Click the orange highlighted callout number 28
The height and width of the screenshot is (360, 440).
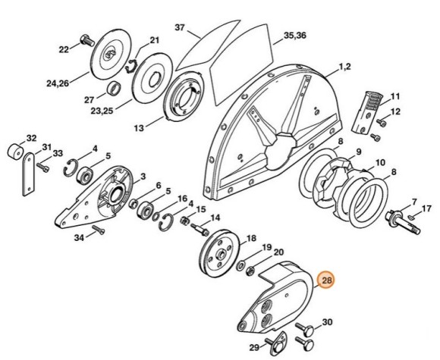327,280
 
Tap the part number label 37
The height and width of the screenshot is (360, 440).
181,27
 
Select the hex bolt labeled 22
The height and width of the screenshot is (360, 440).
88,41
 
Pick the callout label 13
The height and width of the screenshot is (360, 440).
139,128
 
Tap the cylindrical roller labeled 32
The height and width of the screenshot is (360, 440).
16,153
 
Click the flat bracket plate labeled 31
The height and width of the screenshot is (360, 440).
28,174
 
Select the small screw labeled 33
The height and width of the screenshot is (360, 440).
42,167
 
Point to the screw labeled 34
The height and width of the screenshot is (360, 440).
99,230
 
